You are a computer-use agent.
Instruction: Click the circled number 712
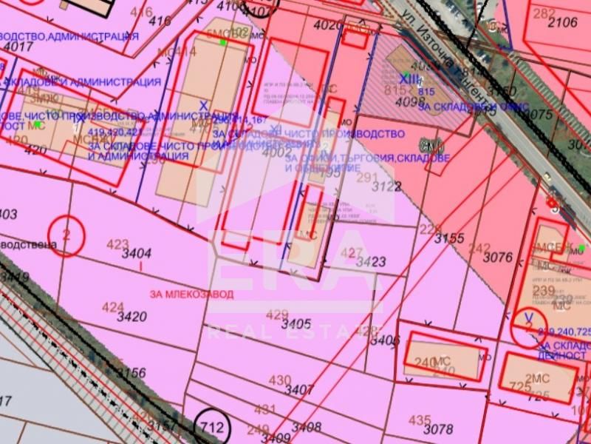coord(211,427)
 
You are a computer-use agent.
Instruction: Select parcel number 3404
coord(137,253)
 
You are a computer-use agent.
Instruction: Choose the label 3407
coord(300,388)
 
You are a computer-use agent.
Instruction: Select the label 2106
coord(563,22)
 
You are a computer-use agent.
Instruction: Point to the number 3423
coord(371,261)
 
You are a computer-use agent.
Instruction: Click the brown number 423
coord(117,243)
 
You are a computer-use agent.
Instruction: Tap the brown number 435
coord(419,420)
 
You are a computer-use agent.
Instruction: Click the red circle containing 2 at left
coord(66,236)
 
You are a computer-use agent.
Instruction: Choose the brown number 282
coord(544,13)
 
